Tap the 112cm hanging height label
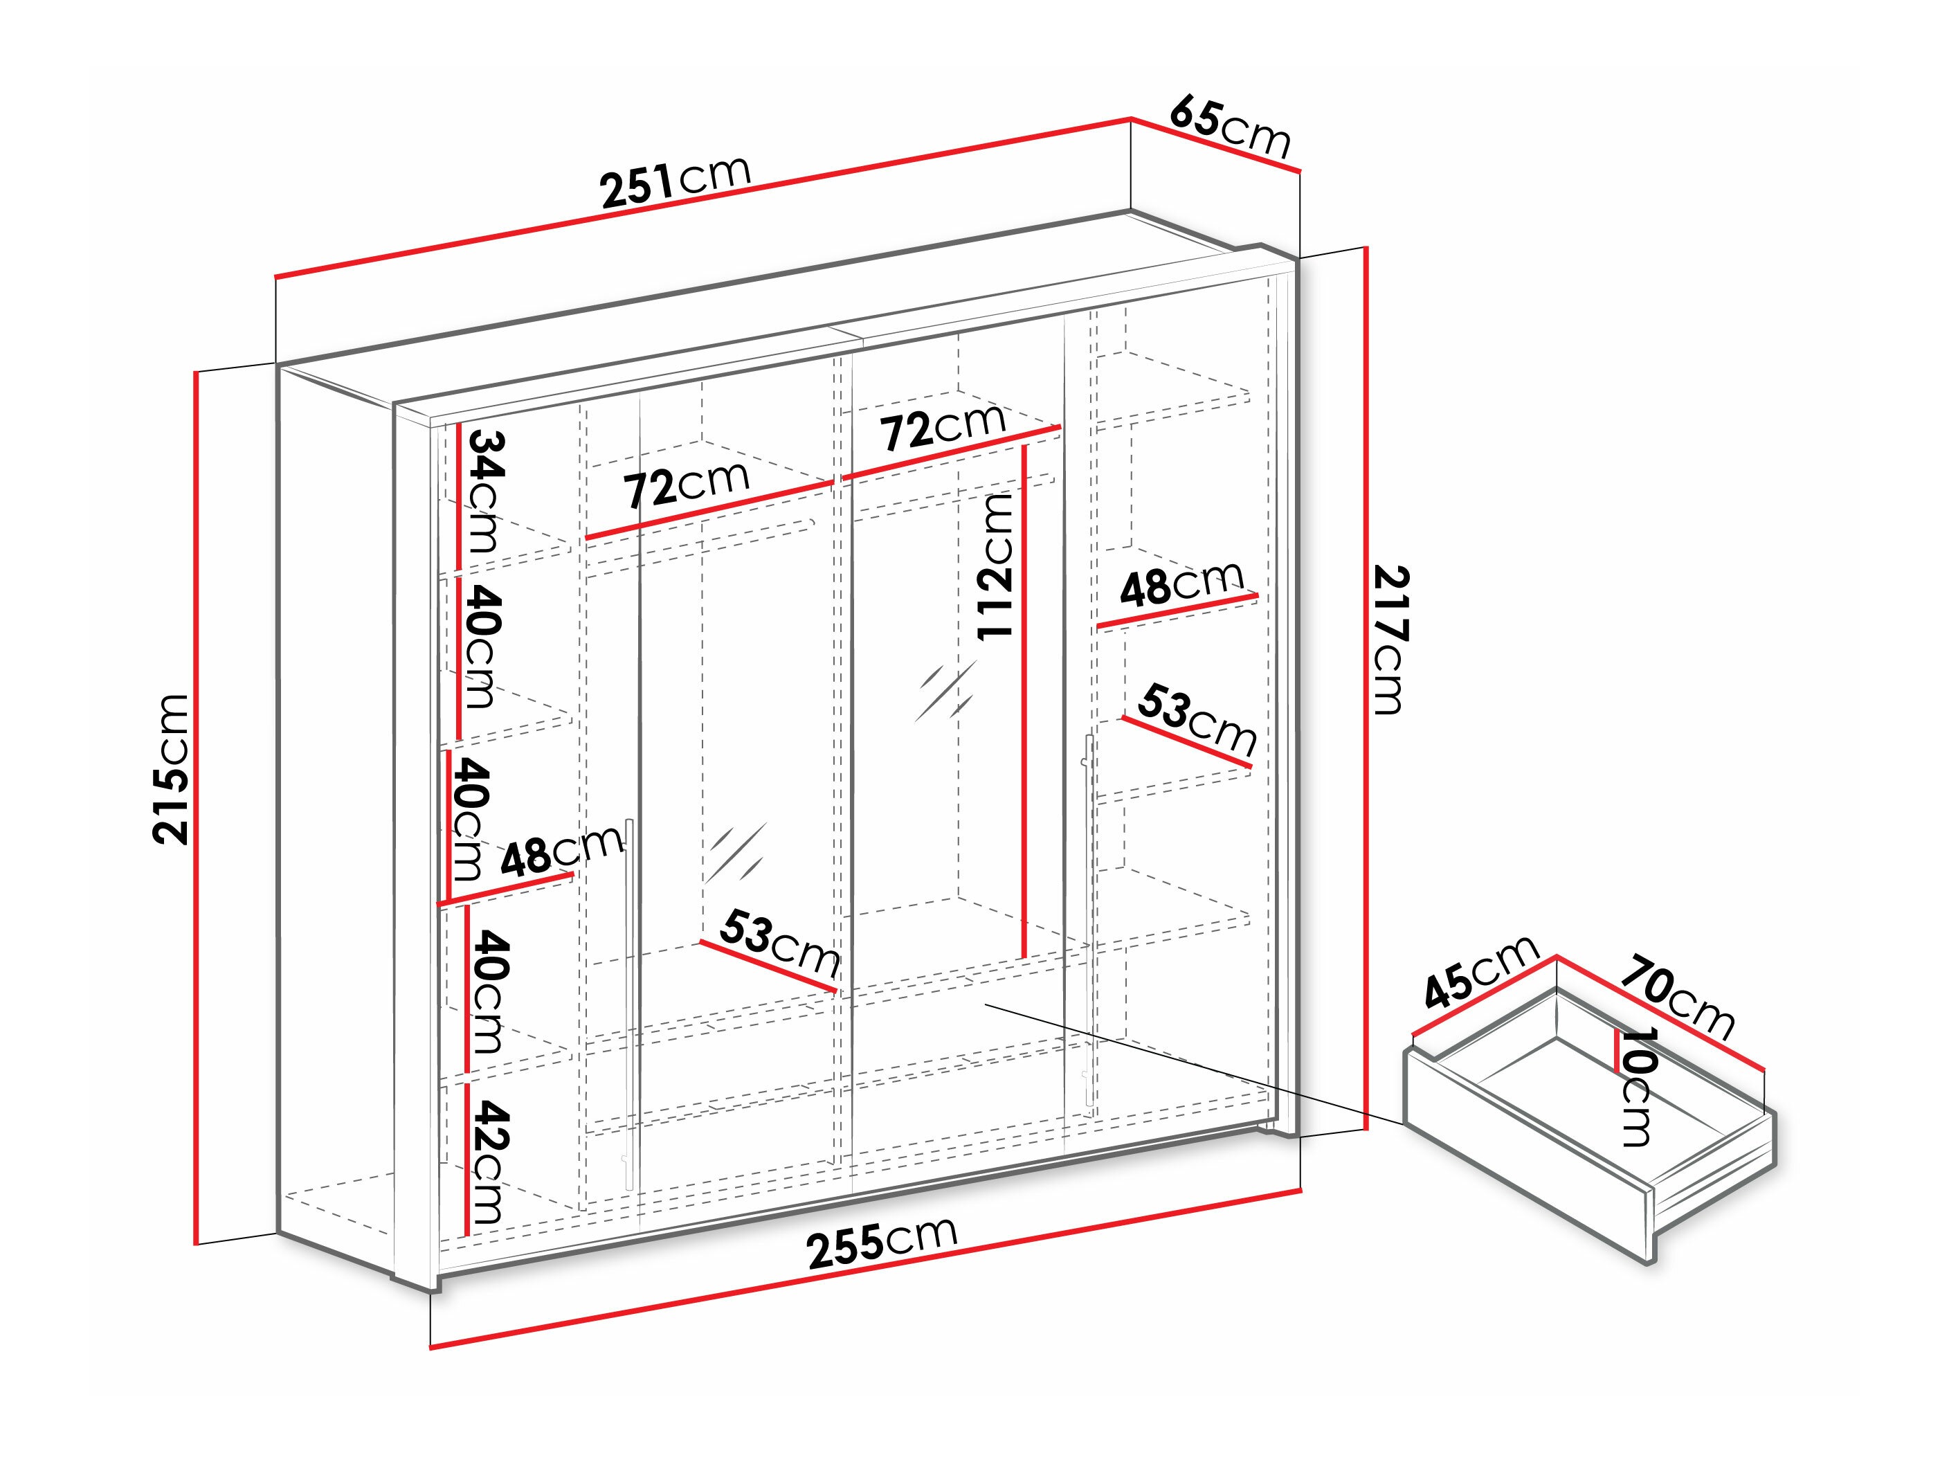pyautogui.click(x=996, y=565)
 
